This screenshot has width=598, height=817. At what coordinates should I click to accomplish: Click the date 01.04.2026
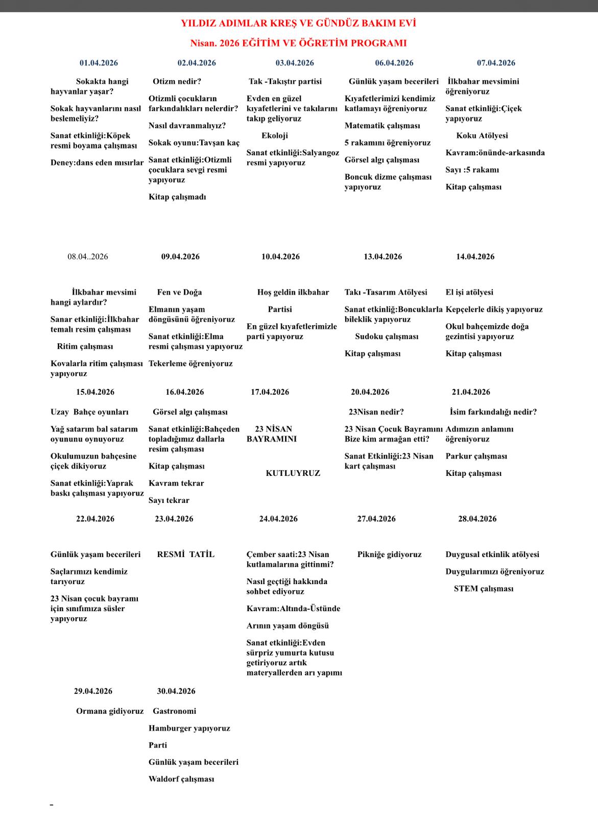[99, 63]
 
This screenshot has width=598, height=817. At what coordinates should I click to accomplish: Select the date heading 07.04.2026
[496, 63]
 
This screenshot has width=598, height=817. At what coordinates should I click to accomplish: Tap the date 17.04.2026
[270, 392]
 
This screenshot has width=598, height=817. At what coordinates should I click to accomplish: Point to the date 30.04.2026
[176, 691]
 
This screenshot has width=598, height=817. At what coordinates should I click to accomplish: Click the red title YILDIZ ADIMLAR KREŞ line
[298, 23]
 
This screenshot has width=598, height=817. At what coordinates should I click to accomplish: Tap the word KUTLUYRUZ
[293, 473]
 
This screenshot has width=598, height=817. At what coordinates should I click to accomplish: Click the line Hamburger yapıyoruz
[189, 728]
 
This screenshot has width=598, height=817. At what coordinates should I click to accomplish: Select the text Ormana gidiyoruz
[110, 711]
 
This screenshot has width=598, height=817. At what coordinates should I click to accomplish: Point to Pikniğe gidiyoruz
[389, 555]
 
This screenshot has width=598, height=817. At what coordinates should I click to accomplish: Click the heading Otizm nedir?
[177, 81]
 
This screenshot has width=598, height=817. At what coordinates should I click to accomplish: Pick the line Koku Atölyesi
[482, 135]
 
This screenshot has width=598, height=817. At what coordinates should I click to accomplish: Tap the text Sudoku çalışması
[387, 337]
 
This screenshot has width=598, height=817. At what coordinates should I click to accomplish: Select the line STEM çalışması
[484, 588]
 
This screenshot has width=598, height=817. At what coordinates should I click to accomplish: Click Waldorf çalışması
[181, 779]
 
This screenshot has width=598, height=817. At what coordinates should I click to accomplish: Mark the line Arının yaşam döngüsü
[288, 626]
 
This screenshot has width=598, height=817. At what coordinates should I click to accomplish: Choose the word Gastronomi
[174, 711]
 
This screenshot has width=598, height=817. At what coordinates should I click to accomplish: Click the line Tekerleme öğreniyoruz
[190, 364]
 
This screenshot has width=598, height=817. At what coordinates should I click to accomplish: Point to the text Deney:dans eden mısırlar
[97, 163]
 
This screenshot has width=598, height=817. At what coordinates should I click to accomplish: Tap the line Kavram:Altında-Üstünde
[293, 609]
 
